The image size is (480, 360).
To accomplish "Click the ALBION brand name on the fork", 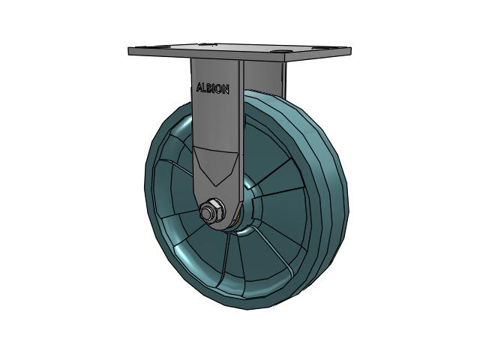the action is point(212,88).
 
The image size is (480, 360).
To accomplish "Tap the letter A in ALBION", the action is point(199,88).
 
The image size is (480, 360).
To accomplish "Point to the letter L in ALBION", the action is point(205,88).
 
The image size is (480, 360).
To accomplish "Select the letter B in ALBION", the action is point(210,88).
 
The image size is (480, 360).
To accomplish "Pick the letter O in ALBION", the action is point(219,89).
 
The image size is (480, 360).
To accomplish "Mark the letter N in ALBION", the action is point(226,90).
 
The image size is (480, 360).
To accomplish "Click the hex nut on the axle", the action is point(211,210).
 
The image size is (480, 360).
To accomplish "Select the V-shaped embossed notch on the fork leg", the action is point(215,165).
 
